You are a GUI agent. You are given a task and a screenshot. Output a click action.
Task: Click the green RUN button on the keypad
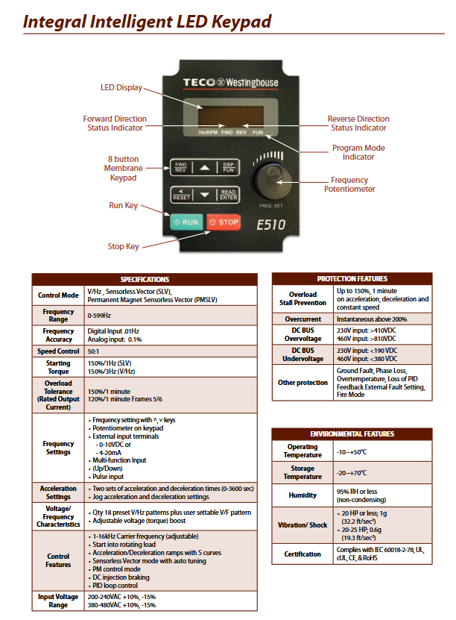(186, 222)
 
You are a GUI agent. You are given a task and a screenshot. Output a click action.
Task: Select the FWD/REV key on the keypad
(181, 167)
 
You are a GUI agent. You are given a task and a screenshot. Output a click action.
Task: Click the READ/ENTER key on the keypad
(228, 195)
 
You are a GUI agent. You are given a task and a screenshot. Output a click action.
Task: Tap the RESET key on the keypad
(181, 195)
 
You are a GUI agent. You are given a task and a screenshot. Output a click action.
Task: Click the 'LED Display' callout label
(121, 87)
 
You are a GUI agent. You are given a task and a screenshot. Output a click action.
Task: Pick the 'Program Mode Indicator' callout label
(358, 152)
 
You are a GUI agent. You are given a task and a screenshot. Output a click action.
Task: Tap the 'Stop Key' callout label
(124, 246)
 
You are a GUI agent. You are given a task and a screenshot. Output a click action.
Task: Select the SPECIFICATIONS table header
(145, 279)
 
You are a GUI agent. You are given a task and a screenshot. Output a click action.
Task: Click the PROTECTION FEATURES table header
(352, 278)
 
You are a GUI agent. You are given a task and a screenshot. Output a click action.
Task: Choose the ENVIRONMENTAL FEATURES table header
(352, 433)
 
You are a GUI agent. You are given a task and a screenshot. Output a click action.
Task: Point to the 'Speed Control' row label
(58, 351)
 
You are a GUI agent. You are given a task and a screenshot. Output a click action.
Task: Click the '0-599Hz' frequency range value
(101, 316)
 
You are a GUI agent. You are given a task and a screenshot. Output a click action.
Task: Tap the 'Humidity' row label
(303, 495)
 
